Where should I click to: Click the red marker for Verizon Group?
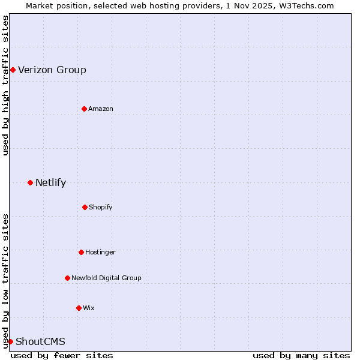point(13,70)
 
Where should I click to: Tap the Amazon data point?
point(84,109)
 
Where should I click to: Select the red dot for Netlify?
point(30,182)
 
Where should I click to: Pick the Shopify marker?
point(85,207)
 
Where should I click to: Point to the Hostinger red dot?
point(81,252)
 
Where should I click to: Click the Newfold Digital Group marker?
point(67,278)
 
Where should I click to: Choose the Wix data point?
point(79,308)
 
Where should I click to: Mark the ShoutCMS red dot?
point(10,341)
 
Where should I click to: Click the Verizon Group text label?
point(52,70)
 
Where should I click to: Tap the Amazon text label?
point(101,109)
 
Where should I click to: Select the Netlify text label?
point(50,182)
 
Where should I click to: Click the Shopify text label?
point(101,207)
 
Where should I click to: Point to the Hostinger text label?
point(100,252)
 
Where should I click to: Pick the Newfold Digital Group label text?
point(106,278)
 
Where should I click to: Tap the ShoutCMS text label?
point(40,342)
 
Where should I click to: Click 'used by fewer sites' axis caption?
point(62,355)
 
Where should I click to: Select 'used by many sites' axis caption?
point(301,355)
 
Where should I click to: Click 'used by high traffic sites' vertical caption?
point(5,85)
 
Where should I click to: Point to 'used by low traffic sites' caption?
point(5,280)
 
